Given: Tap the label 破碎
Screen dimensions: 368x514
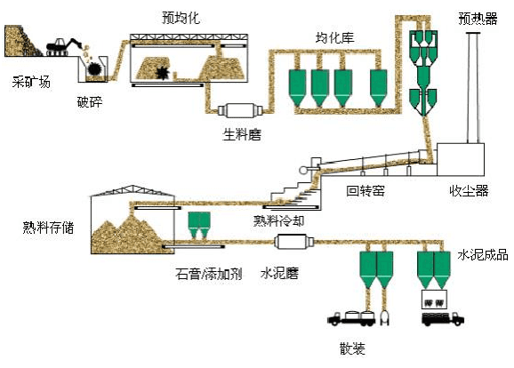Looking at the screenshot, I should (x=90, y=101).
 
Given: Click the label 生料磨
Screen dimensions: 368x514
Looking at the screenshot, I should (x=241, y=133).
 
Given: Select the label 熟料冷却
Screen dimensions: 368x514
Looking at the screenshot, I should (x=278, y=220).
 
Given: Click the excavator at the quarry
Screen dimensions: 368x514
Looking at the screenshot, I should (x=67, y=44).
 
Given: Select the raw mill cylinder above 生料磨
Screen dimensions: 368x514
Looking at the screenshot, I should (x=242, y=112).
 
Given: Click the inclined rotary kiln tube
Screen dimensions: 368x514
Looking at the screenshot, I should (x=373, y=164).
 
